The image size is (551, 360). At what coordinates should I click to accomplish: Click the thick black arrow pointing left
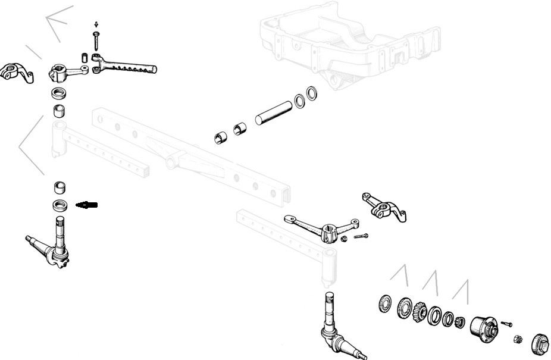tap(87, 205)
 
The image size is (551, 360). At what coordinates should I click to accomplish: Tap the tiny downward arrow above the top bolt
tap(96, 24)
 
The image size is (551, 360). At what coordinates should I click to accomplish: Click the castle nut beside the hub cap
tap(517, 340)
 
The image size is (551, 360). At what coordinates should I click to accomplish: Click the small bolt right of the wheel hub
tap(506, 324)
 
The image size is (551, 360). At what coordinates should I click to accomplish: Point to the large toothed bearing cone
tap(419, 311)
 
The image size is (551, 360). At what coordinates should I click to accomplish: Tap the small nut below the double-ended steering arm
tap(345, 239)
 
